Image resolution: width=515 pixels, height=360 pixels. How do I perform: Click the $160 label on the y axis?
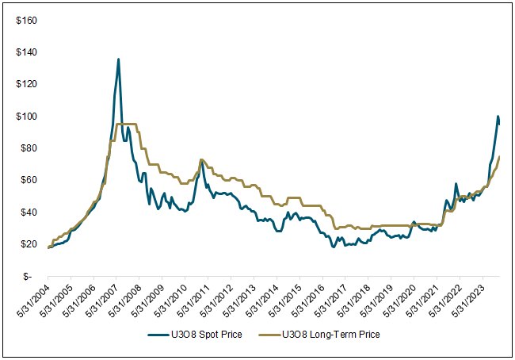(26, 21)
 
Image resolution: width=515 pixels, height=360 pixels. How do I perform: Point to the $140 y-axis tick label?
(26, 52)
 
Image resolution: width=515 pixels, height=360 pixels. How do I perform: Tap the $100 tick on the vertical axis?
(26, 117)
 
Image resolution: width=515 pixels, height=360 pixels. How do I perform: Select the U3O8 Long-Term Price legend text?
(331, 335)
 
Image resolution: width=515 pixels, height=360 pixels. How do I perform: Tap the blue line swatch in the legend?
(161, 335)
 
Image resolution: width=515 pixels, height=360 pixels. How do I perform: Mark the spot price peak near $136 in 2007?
(118, 59)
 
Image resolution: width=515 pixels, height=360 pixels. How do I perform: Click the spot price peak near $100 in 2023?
(498, 117)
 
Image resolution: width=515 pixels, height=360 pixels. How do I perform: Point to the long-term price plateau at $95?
(127, 124)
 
